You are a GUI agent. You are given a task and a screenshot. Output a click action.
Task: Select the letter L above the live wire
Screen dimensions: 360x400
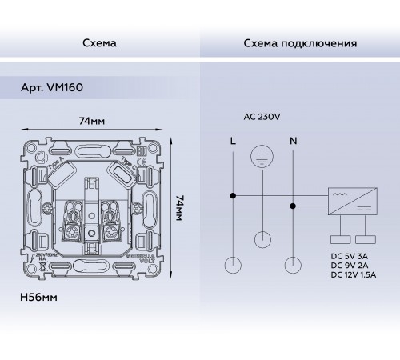pos(233,141)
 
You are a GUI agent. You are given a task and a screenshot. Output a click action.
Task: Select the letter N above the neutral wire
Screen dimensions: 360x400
pos(292,141)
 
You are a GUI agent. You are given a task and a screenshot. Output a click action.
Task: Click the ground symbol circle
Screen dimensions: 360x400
pos(262,157)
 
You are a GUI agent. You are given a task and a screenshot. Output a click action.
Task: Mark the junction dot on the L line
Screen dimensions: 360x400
pos(233,194)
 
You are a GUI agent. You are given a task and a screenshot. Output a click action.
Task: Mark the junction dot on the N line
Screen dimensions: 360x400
pos(292,205)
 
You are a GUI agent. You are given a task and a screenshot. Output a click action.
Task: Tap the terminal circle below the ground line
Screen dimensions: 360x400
pos(262,238)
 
